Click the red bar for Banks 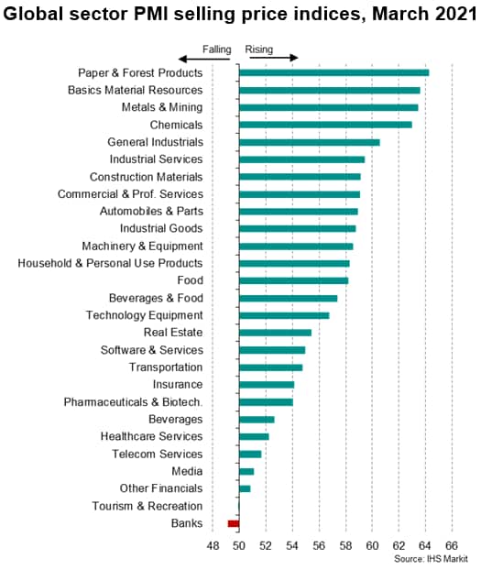(x=234, y=523)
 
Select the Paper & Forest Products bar (x=334, y=72)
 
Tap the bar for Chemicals (x=325, y=125)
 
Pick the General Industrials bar (x=310, y=142)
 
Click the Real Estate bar (x=275, y=333)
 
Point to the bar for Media (x=246, y=471)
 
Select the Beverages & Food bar (x=289, y=299)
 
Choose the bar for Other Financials (x=245, y=489)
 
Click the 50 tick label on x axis (x=239, y=545)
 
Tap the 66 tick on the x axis (x=452, y=545)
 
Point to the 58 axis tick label (x=345, y=545)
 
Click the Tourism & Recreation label (x=148, y=506)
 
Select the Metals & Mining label (x=162, y=107)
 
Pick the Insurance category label (x=178, y=385)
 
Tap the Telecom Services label (x=157, y=454)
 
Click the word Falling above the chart (x=217, y=49)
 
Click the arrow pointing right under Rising (x=274, y=58)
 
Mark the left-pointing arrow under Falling (x=204, y=59)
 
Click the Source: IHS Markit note (x=431, y=559)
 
